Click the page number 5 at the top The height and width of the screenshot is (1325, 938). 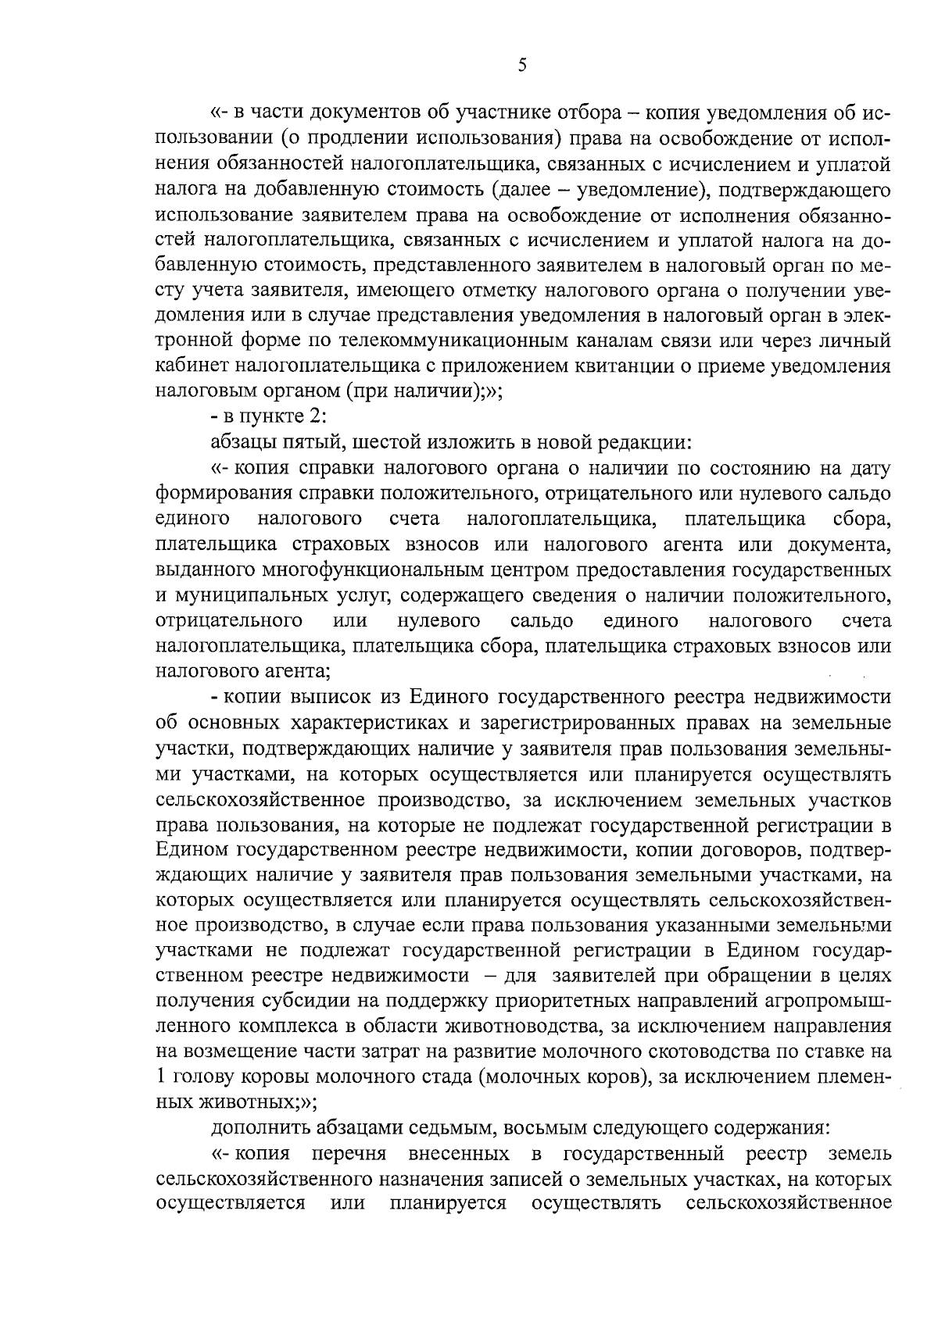pyautogui.click(x=521, y=66)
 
